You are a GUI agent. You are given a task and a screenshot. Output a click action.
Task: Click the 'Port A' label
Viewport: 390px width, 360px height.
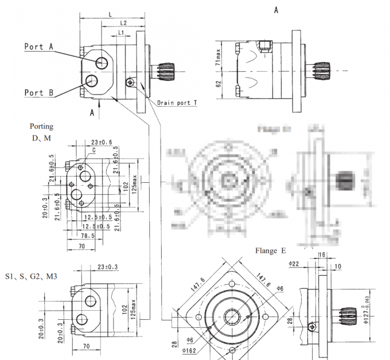[39, 47]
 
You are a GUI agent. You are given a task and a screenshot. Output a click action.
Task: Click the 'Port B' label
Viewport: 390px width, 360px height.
[39, 92]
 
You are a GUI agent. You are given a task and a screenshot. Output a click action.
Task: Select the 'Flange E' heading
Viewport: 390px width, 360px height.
[271, 251]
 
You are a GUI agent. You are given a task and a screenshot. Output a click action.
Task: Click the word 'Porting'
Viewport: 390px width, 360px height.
[42, 126]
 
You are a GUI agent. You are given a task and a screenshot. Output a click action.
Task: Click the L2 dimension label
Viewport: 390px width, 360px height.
[123, 22]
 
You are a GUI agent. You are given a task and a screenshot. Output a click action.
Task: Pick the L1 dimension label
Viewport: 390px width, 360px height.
[121, 34]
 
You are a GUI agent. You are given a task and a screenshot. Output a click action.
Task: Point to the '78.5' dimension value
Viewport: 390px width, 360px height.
[87, 236]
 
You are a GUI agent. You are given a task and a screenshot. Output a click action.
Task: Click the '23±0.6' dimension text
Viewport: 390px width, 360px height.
[102, 142]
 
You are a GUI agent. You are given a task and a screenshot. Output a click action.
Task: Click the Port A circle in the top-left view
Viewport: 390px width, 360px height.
[102, 63]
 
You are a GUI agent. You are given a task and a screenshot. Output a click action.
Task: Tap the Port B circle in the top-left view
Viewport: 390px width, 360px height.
[91, 81]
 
